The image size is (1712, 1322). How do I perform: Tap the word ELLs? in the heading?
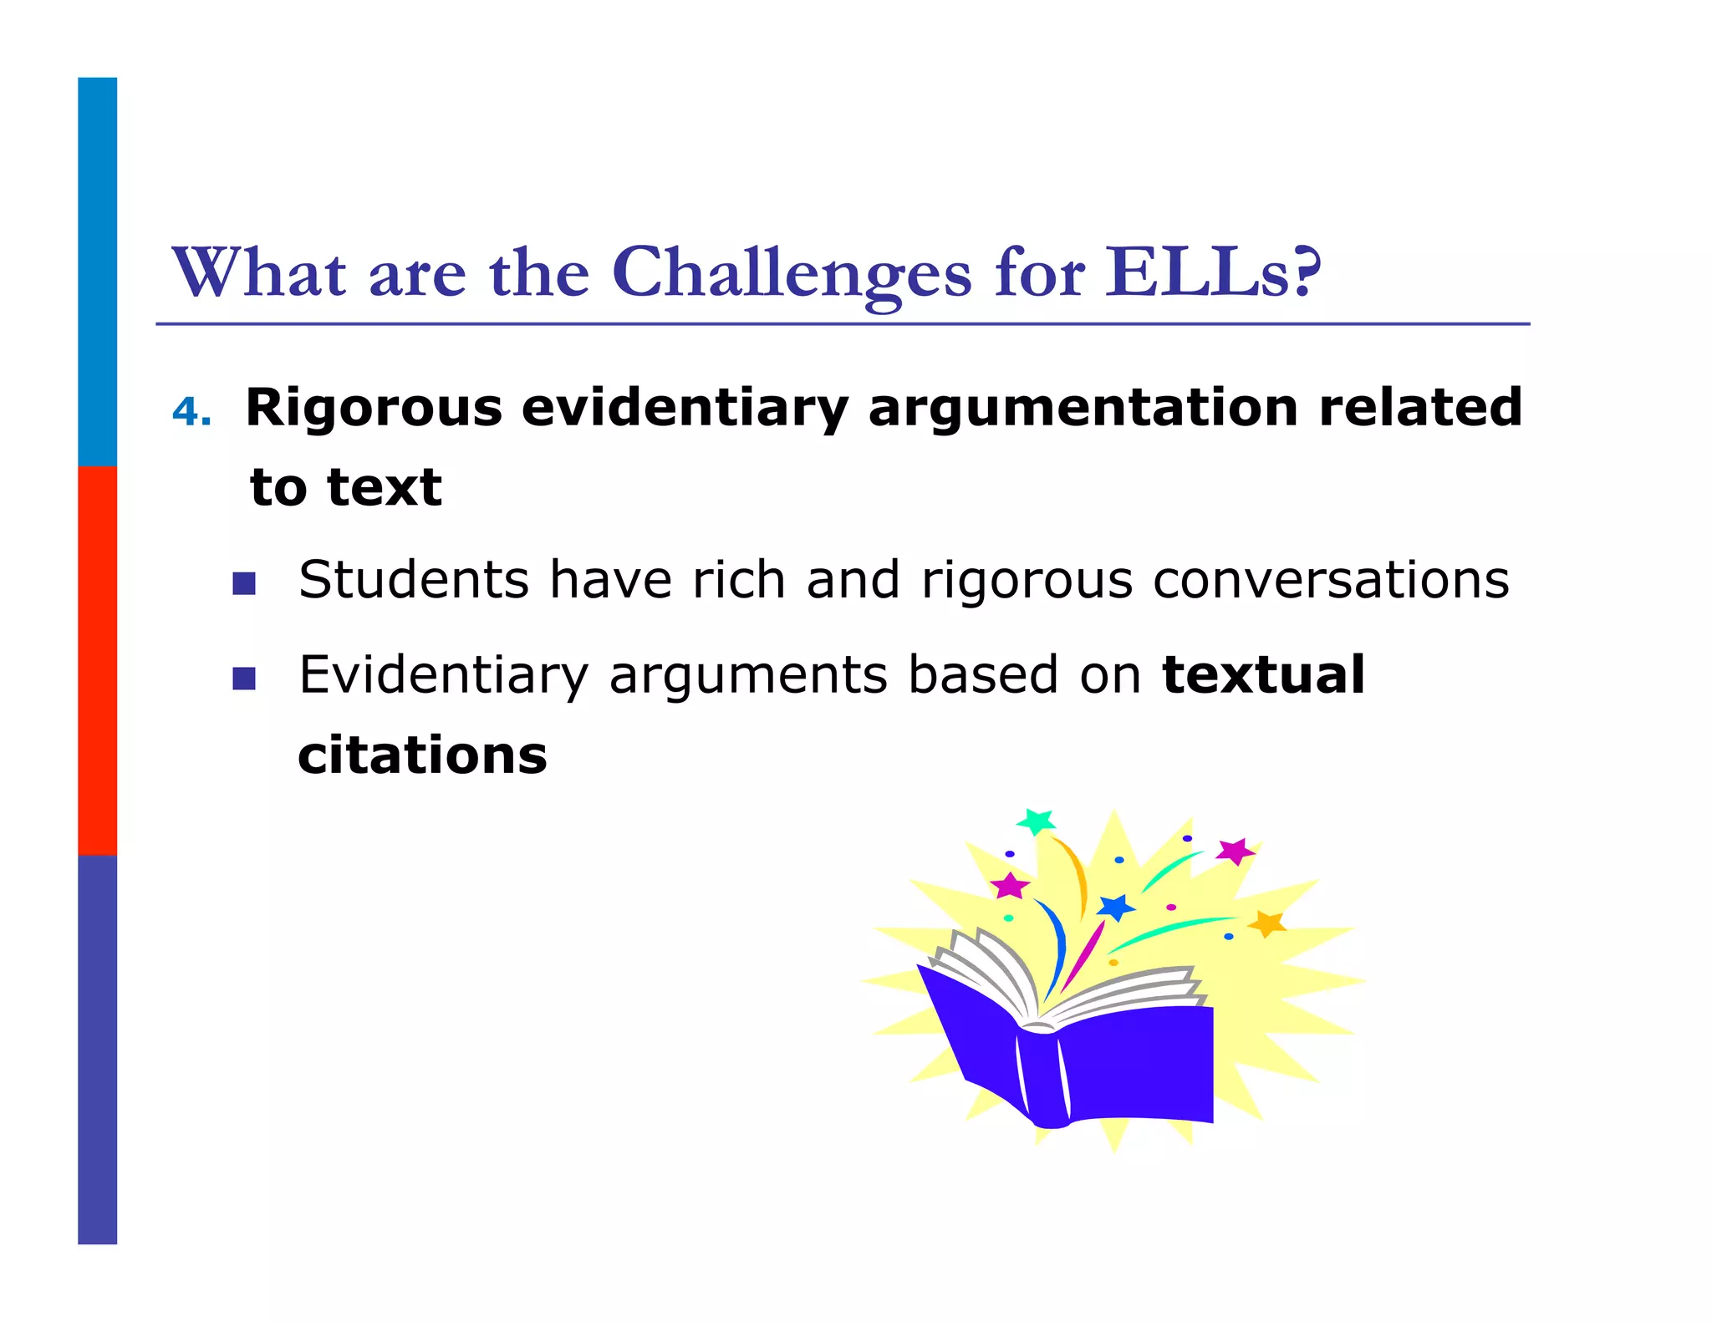click(x=1213, y=273)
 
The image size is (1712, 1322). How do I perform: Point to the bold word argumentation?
click(x=1083, y=409)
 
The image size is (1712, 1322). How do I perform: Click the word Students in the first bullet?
click(x=414, y=579)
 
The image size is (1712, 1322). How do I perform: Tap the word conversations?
click(x=1331, y=581)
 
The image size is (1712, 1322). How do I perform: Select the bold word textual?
click(x=1263, y=674)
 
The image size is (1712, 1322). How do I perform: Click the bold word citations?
click(x=422, y=755)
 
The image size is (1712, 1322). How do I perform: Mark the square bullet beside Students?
click(x=244, y=583)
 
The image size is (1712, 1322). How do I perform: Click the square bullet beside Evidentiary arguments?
click(x=244, y=678)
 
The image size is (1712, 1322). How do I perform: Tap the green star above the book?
click(x=1037, y=821)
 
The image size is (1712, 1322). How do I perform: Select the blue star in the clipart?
click(x=1116, y=908)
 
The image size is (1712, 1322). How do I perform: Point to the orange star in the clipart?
click(x=1267, y=923)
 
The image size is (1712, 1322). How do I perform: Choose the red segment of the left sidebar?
click(x=97, y=660)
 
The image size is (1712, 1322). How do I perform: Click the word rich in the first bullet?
click(x=738, y=579)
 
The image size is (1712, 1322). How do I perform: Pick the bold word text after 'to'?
click(x=385, y=487)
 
